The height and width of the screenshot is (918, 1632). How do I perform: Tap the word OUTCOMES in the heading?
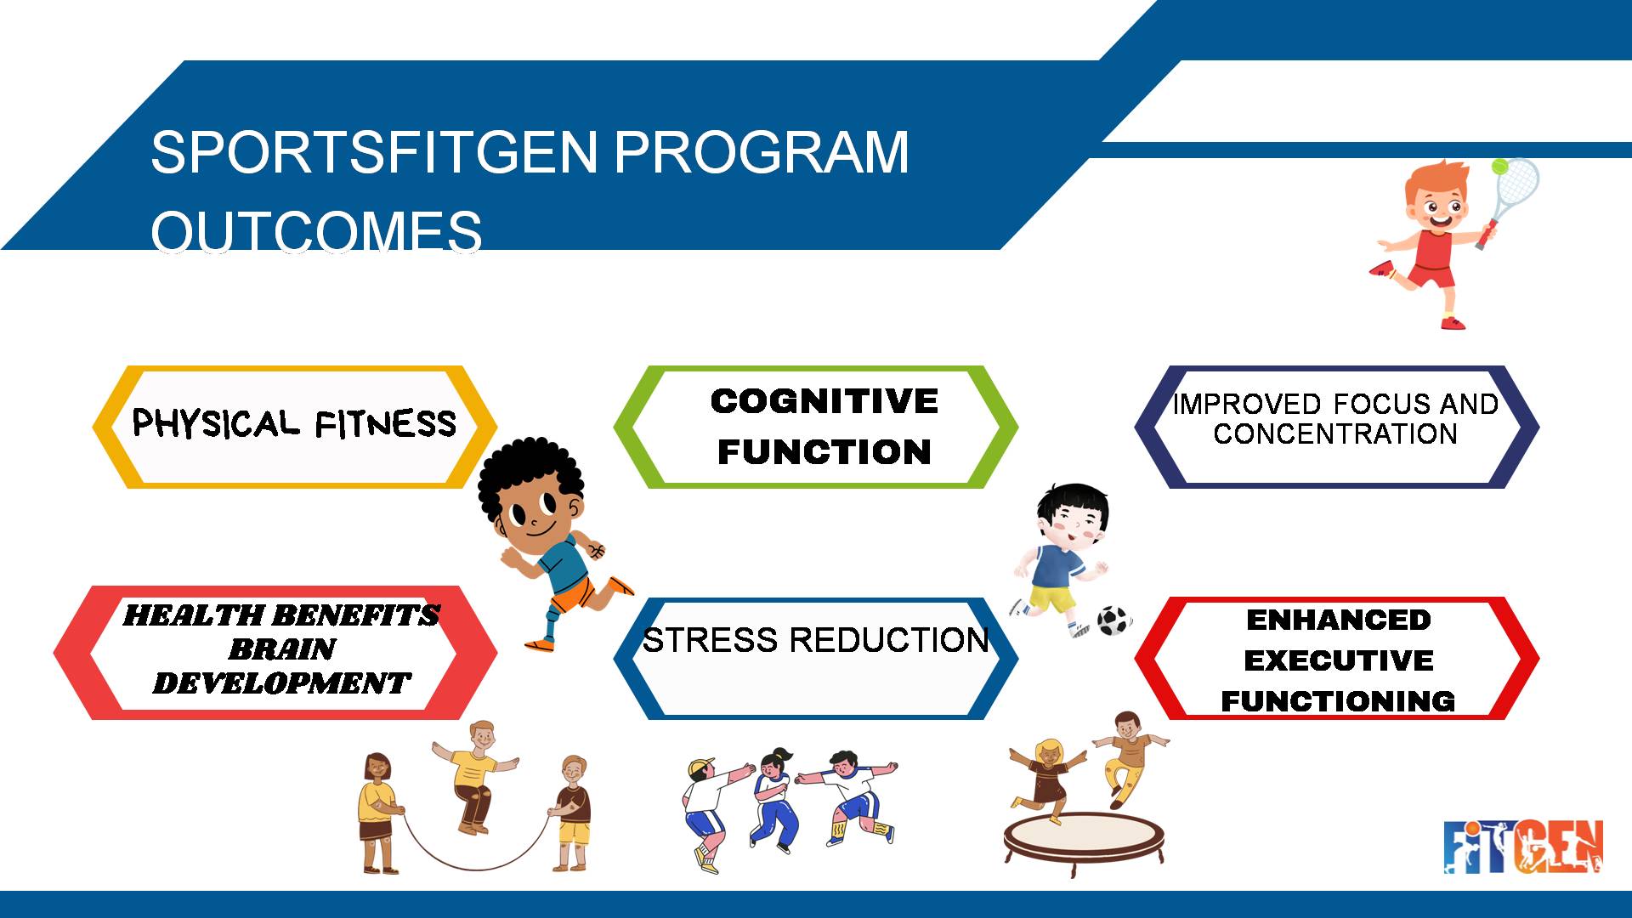point(316,230)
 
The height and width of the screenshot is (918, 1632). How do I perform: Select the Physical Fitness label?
point(294,423)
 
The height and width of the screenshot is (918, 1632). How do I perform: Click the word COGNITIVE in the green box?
point(824,401)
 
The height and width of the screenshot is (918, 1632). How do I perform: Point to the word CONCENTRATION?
point(1335,434)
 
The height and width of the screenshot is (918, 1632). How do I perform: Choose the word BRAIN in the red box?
point(281,649)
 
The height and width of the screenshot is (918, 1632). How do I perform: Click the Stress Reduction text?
point(815,640)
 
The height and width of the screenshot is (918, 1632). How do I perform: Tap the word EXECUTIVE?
point(1338,660)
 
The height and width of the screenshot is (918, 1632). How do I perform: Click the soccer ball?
point(1113,620)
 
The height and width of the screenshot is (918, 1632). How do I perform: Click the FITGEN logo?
point(1523,847)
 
